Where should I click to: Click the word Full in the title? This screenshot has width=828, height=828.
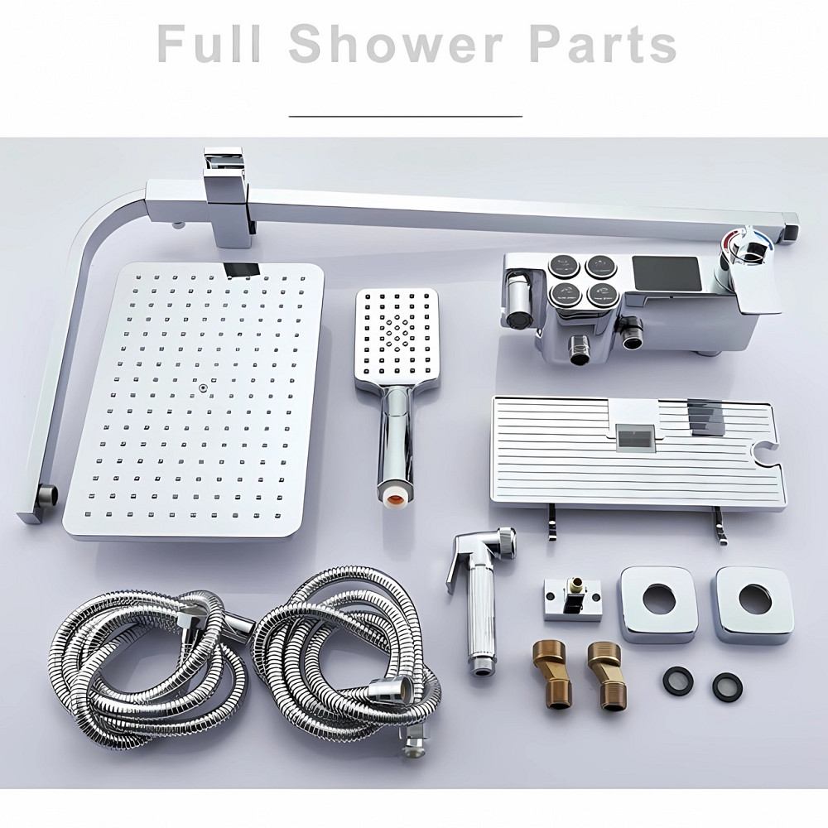click(209, 44)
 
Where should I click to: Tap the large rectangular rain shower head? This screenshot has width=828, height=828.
click(193, 401)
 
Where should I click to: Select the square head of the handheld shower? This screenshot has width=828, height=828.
click(397, 338)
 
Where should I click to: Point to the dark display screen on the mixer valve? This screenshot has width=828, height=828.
click(667, 273)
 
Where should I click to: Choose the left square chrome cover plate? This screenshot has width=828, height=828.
click(658, 604)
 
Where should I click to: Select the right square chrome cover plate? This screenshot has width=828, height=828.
click(754, 605)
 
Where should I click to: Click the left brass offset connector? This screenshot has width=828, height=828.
click(550, 676)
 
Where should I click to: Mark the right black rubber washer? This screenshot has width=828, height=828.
click(727, 686)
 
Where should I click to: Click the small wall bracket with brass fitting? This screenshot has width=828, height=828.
click(572, 599)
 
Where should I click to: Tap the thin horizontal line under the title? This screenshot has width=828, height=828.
click(406, 116)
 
